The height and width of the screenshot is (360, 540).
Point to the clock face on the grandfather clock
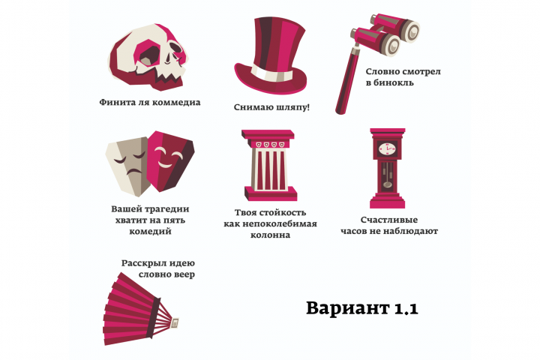(387, 149)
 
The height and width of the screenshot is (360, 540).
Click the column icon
(268, 161)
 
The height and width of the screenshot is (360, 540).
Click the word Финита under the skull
(116, 103)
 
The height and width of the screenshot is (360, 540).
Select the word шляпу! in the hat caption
(291, 107)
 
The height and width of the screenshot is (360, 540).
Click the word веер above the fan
(182, 275)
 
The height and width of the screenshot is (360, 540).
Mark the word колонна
(270, 235)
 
